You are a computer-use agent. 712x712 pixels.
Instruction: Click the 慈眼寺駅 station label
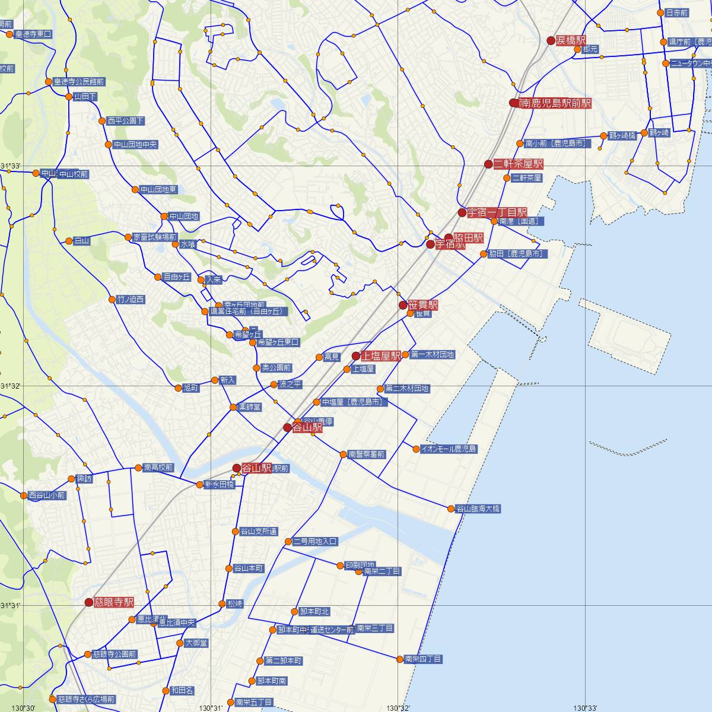click(x=113, y=602)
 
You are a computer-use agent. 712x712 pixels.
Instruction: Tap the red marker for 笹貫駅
click(x=403, y=306)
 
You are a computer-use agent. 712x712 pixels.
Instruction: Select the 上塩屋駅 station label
click(x=381, y=356)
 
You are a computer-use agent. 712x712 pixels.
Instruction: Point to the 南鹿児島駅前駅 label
click(x=555, y=103)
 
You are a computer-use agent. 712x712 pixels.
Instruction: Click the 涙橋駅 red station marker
click(x=551, y=40)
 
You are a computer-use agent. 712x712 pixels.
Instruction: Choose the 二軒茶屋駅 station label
click(x=519, y=164)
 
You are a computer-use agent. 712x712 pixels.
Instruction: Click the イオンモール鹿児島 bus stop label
click(x=449, y=449)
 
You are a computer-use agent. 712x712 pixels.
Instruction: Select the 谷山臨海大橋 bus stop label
click(x=478, y=508)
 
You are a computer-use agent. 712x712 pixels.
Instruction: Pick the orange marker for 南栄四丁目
click(x=400, y=659)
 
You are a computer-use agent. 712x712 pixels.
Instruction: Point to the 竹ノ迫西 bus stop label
click(x=131, y=299)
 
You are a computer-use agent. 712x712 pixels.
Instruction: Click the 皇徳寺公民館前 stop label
click(x=79, y=81)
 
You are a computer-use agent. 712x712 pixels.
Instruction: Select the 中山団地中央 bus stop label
click(x=136, y=144)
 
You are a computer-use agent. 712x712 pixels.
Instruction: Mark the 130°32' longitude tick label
click(x=399, y=708)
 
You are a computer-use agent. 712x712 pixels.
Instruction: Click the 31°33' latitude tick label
click(x=11, y=166)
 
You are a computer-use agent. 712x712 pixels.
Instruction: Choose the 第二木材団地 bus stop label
click(x=407, y=389)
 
